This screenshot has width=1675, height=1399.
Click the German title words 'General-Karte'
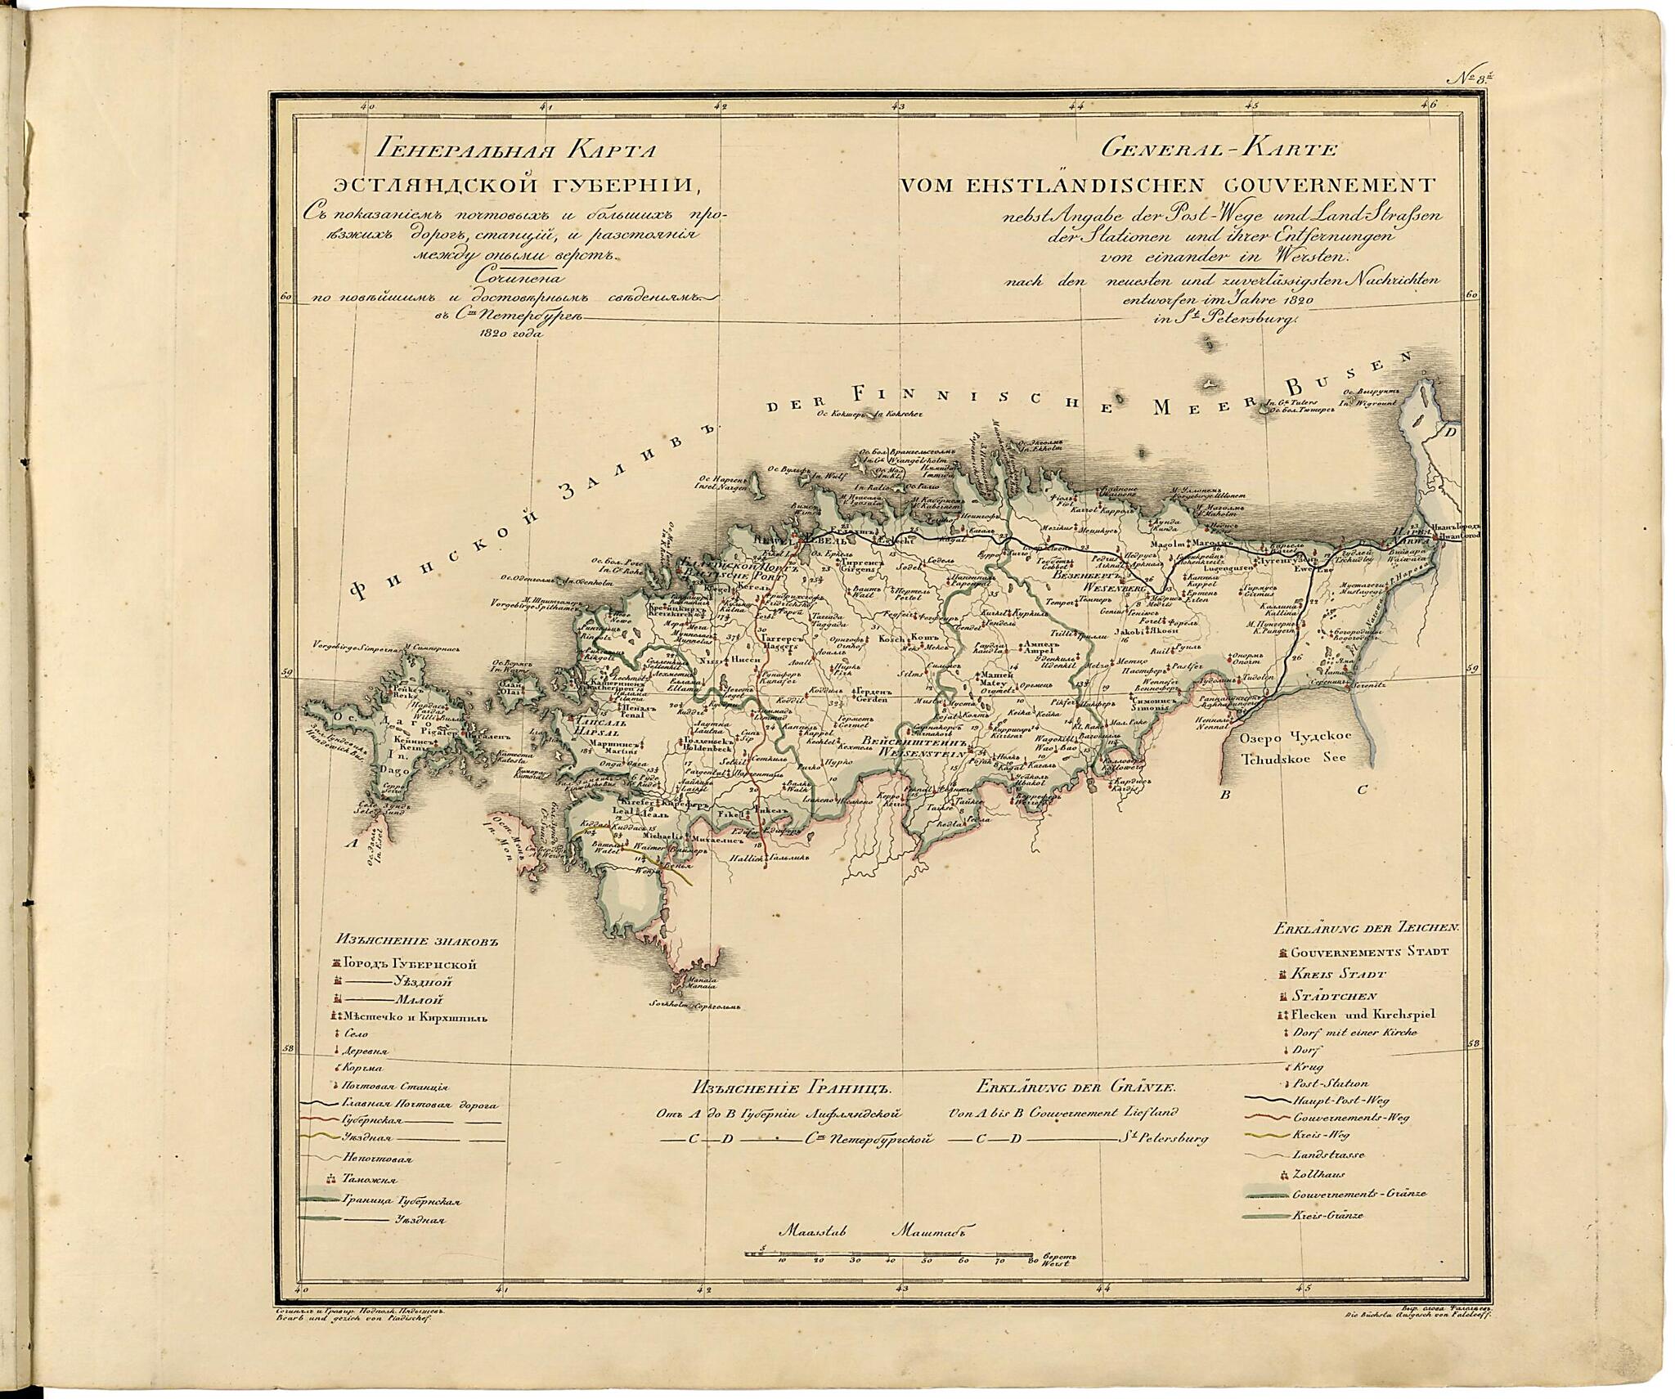click(x=1218, y=150)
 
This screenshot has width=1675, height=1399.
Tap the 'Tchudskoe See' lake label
click(x=1293, y=758)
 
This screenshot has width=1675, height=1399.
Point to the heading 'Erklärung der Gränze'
click(x=1075, y=1088)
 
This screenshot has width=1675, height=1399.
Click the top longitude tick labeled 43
click(x=897, y=105)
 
